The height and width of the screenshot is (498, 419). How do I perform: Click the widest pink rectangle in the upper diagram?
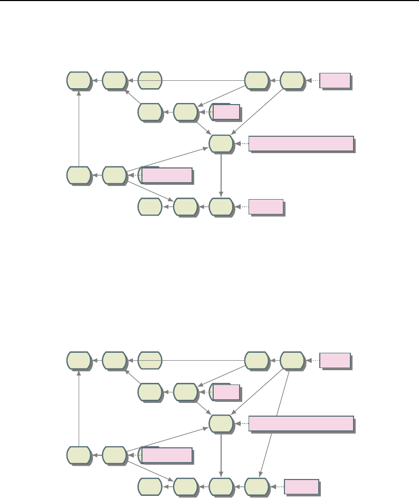coord(301,144)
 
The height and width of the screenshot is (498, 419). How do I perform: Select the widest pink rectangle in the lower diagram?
coord(301,424)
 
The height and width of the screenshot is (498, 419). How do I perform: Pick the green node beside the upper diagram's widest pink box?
coord(221,143)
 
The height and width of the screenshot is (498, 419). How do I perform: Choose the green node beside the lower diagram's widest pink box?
coord(221,423)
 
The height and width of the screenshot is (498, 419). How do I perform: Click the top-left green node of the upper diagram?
coord(78,81)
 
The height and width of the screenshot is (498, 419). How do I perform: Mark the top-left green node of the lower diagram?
coord(78,361)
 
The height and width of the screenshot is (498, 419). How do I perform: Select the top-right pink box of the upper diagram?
coord(335,81)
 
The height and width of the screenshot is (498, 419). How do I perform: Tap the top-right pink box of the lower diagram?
coord(335,361)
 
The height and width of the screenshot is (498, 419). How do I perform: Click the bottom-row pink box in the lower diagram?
coord(301,486)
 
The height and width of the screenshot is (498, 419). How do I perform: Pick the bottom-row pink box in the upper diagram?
coord(266,206)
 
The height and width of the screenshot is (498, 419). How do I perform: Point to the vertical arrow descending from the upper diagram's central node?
coord(221,174)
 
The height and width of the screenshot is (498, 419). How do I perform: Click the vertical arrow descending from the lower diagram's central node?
coord(221,454)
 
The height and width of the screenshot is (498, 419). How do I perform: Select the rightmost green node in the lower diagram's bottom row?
coord(256,486)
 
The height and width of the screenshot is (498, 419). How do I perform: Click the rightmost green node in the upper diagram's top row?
coord(292,81)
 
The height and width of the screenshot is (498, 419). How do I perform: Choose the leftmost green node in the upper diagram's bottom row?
coord(150,206)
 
